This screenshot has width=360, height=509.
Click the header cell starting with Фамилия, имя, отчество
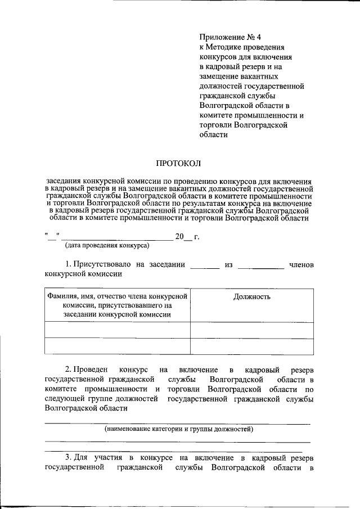117,305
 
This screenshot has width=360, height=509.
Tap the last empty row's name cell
117,346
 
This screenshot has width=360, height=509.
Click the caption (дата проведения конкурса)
107,246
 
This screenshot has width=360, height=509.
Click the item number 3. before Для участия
68,457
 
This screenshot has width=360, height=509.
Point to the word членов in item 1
301,264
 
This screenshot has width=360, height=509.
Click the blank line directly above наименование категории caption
177,423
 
